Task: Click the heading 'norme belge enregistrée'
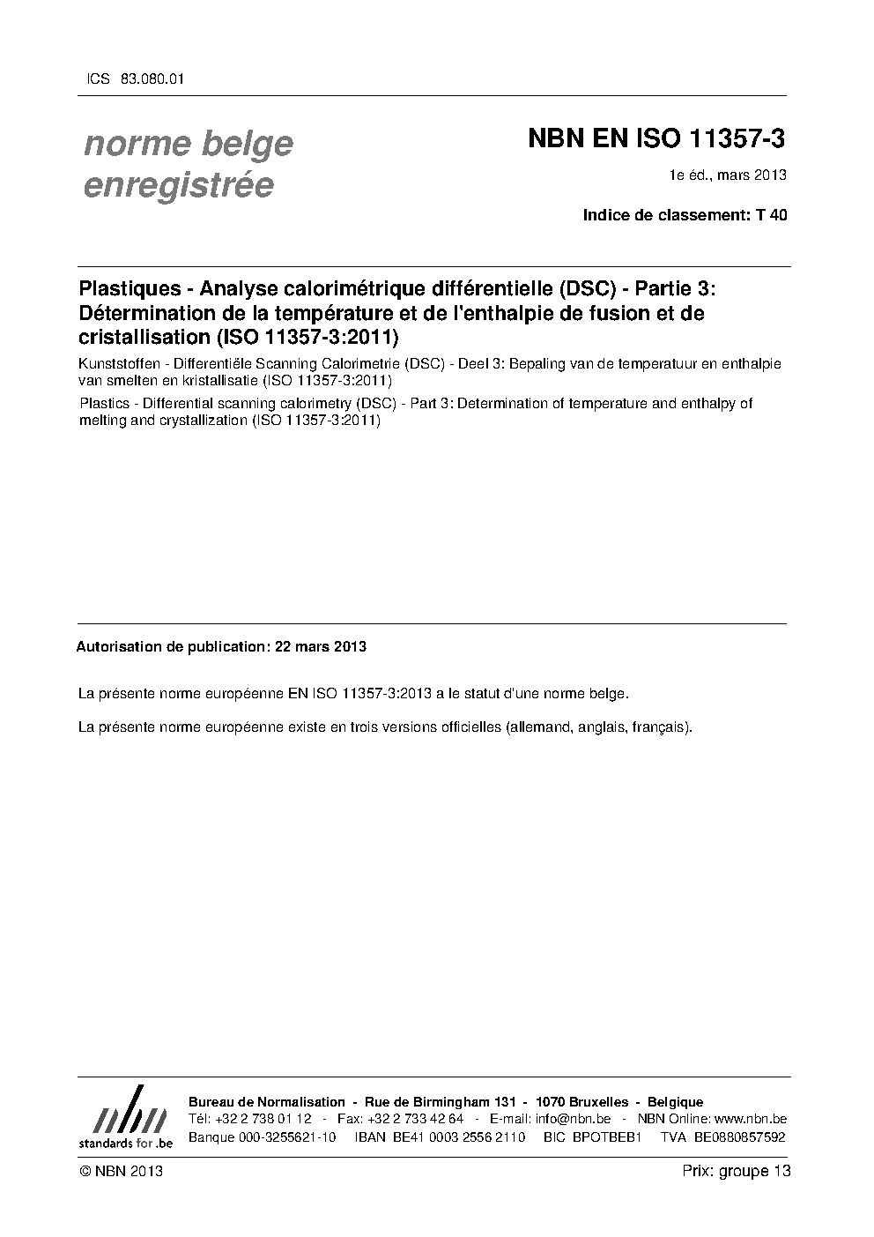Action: click(x=188, y=164)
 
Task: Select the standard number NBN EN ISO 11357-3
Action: click(x=655, y=139)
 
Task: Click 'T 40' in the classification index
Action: click(x=772, y=214)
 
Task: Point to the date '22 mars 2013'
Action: click(x=321, y=646)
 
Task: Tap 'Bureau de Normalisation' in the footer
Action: click(x=267, y=1102)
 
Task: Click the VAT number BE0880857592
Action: click(x=739, y=1137)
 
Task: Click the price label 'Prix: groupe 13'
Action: click(x=737, y=1171)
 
